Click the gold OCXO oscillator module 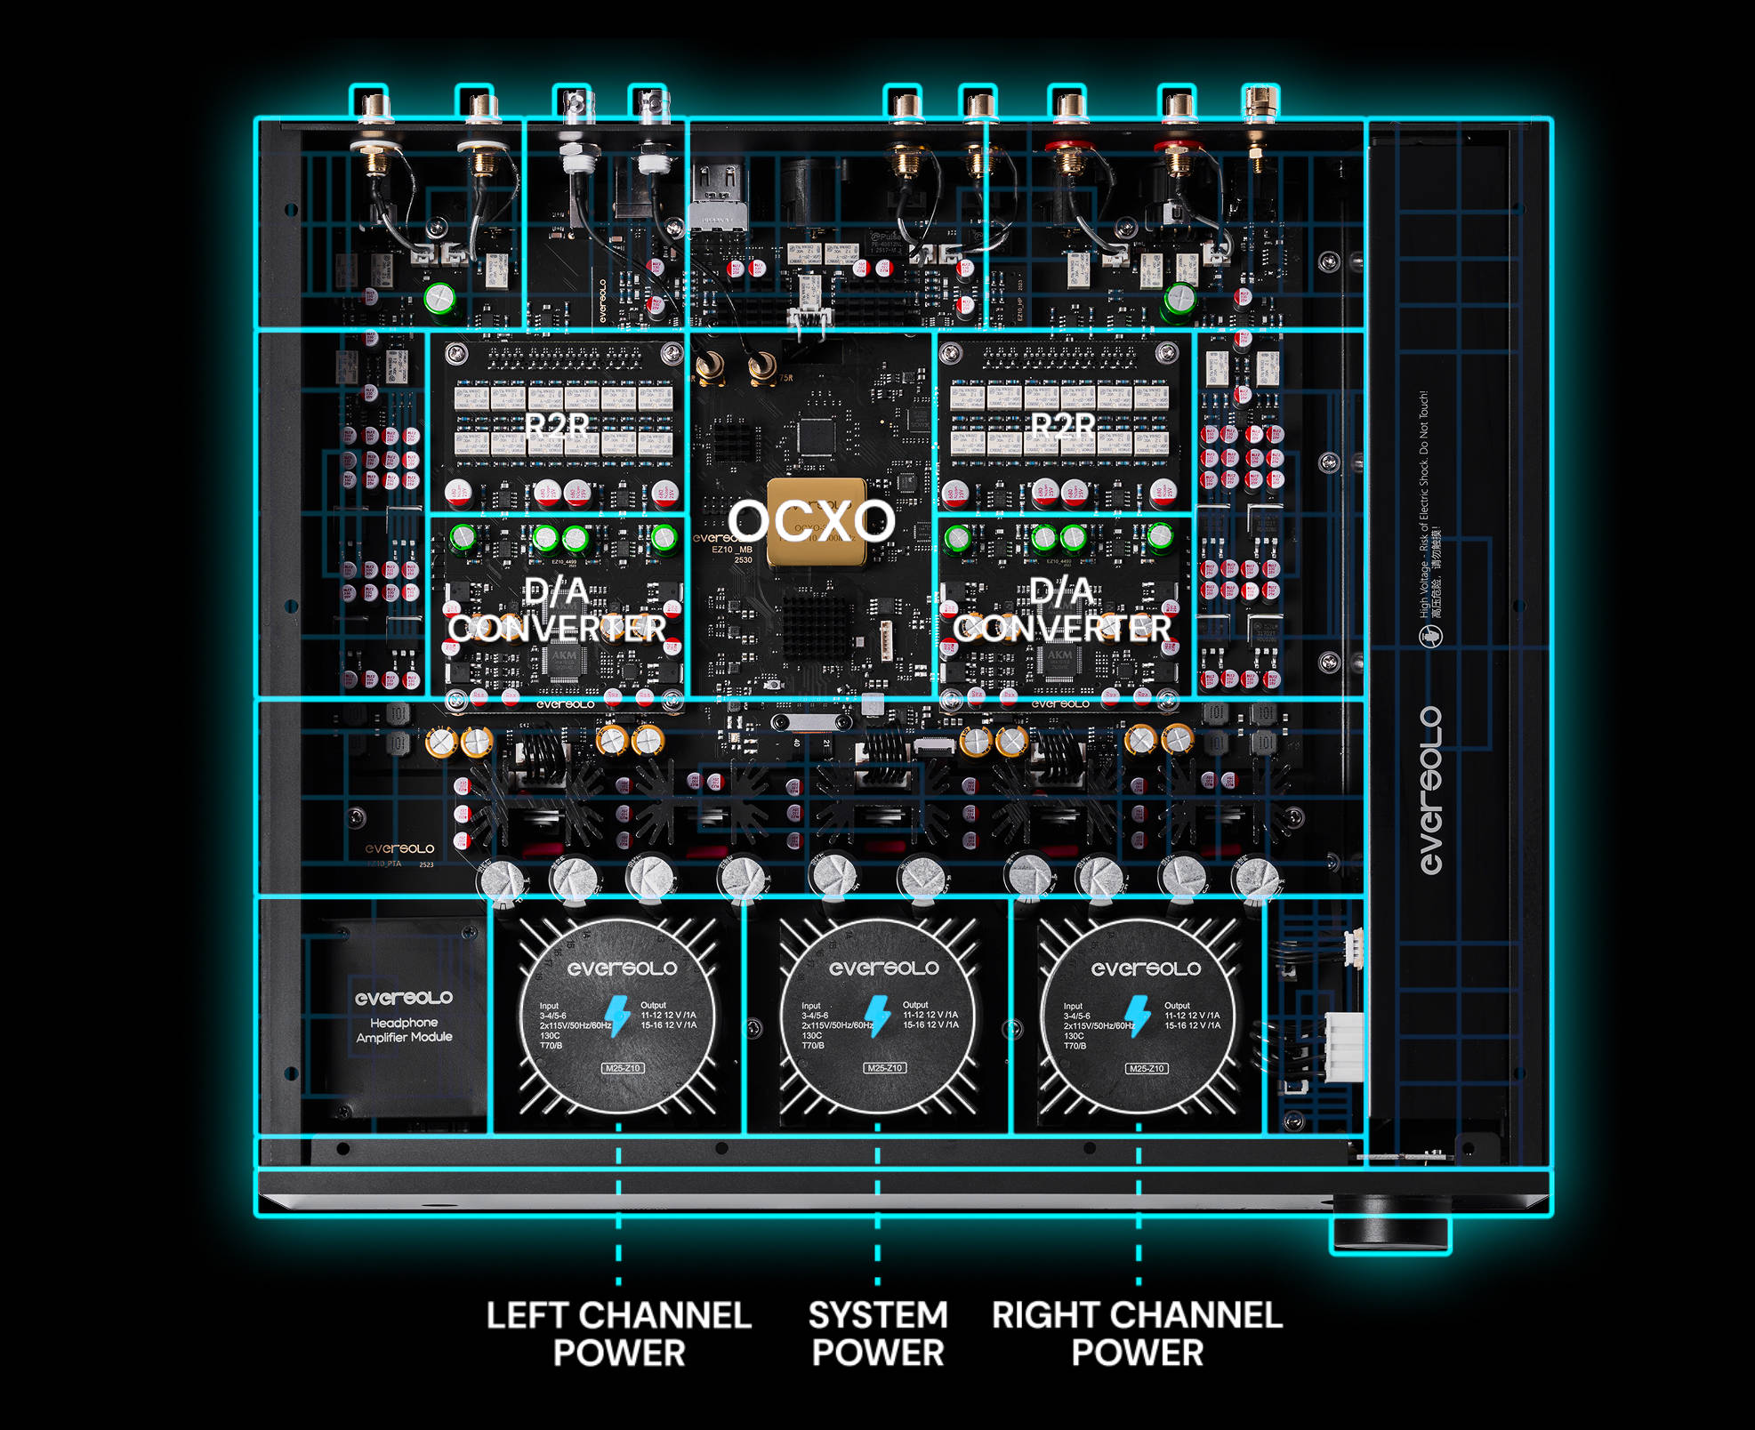click(x=817, y=522)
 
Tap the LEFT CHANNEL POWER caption click(x=618, y=1333)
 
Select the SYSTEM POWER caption click(x=878, y=1333)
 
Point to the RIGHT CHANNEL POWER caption click(x=1137, y=1333)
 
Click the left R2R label click(x=557, y=425)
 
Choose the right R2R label click(x=1063, y=425)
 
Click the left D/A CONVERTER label click(x=557, y=610)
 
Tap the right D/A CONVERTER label click(x=1062, y=610)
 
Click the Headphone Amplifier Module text click(x=404, y=1030)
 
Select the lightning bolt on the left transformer click(x=616, y=1016)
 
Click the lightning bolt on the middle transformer click(x=878, y=1016)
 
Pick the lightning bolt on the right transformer click(x=1138, y=1016)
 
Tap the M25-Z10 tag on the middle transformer click(x=885, y=1068)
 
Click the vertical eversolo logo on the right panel click(x=1430, y=791)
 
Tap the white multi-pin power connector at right click(x=1343, y=1047)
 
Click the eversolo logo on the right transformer click(x=1146, y=968)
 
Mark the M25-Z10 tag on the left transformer click(x=623, y=1068)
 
